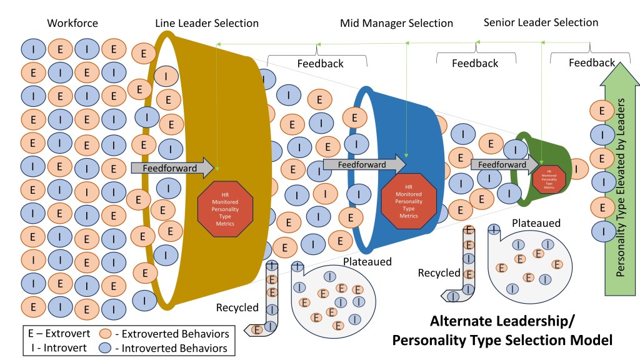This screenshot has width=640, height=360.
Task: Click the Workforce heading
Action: [x=72, y=23]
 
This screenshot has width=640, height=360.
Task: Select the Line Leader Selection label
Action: [x=207, y=23]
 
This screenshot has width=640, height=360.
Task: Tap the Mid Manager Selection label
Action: [x=396, y=23]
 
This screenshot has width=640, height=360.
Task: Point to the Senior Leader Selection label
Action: [x=541, y=22]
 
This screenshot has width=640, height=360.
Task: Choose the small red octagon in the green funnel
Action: [x=548, y=178]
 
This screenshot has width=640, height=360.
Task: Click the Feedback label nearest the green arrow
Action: [x=592, y=62]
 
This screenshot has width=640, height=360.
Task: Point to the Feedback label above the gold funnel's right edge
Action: [x=320, y=63]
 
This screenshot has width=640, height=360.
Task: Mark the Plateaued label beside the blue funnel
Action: [x=367, y=261]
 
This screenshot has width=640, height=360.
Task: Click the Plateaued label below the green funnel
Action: [x=535, y=223]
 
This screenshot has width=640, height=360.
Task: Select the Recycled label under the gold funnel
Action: [x=237, y=307]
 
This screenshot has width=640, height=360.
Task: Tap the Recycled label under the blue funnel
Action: [x=439, y=273]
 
